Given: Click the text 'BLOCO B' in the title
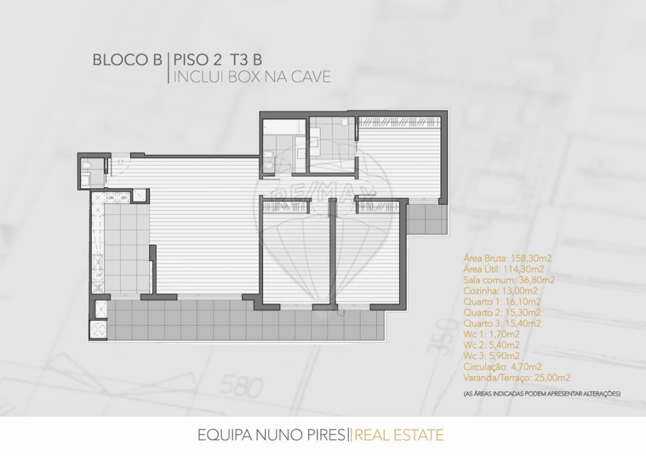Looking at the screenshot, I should (x=127, y=60).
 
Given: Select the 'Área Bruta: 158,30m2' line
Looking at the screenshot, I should (x=507, y=258).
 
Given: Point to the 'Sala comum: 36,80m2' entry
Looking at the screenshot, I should (x=509, y=279).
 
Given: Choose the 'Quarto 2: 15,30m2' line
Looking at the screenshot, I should (x=502, y=312).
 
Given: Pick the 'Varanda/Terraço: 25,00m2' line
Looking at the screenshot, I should (x=517, y=377).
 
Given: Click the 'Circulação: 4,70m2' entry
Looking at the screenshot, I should (x=502, y=367).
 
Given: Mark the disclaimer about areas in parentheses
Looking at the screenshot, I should (x=541, y=393).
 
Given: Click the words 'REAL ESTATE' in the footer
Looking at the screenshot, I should (x=399, y=435).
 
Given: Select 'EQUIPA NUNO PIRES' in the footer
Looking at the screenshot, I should (x=272, y=435).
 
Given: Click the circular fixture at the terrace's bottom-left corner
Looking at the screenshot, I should (x=99, y=329).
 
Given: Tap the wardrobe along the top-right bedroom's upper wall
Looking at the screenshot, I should (x=399, y=121).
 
